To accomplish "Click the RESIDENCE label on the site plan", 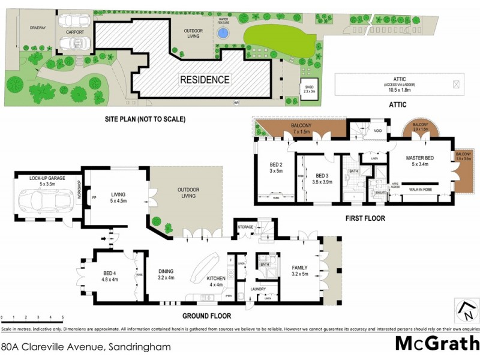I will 205,79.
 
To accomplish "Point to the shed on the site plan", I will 310,89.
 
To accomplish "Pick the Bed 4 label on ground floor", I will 109,275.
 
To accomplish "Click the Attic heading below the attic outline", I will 399,105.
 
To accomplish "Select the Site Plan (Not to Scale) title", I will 145,119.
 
